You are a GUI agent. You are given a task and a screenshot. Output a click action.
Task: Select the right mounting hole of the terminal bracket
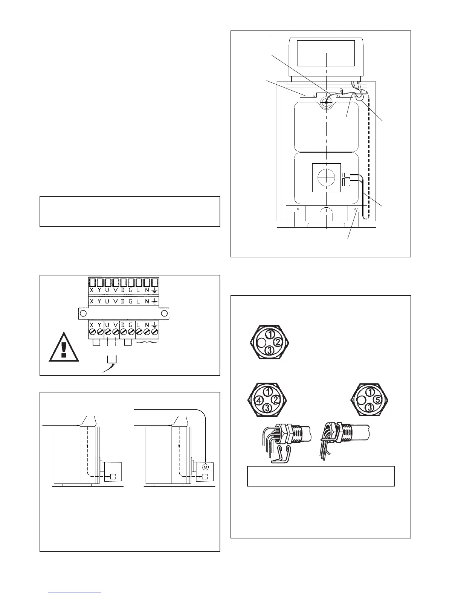point(164,313)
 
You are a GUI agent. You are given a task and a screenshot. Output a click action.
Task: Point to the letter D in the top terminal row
point(123,290)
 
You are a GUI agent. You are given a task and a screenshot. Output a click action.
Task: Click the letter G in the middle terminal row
point(131,301)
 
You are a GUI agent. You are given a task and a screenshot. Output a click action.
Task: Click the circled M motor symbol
point(205,467)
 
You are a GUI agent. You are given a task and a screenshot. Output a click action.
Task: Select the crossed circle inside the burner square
point(326,178)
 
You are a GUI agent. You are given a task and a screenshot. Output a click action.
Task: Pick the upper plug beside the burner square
point(347,175)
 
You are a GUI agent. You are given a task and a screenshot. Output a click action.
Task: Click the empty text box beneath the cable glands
point(321,476)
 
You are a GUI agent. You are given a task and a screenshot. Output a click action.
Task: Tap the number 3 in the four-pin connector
point(267,407)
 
